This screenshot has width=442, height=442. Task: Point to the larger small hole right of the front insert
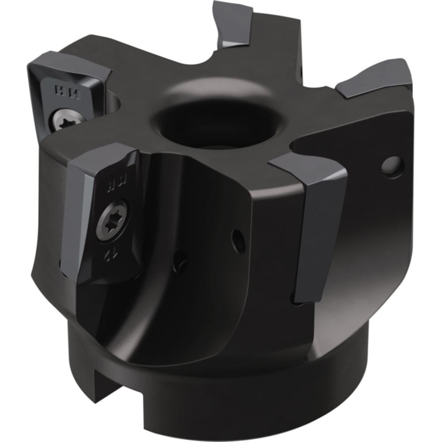pos(238,239)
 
